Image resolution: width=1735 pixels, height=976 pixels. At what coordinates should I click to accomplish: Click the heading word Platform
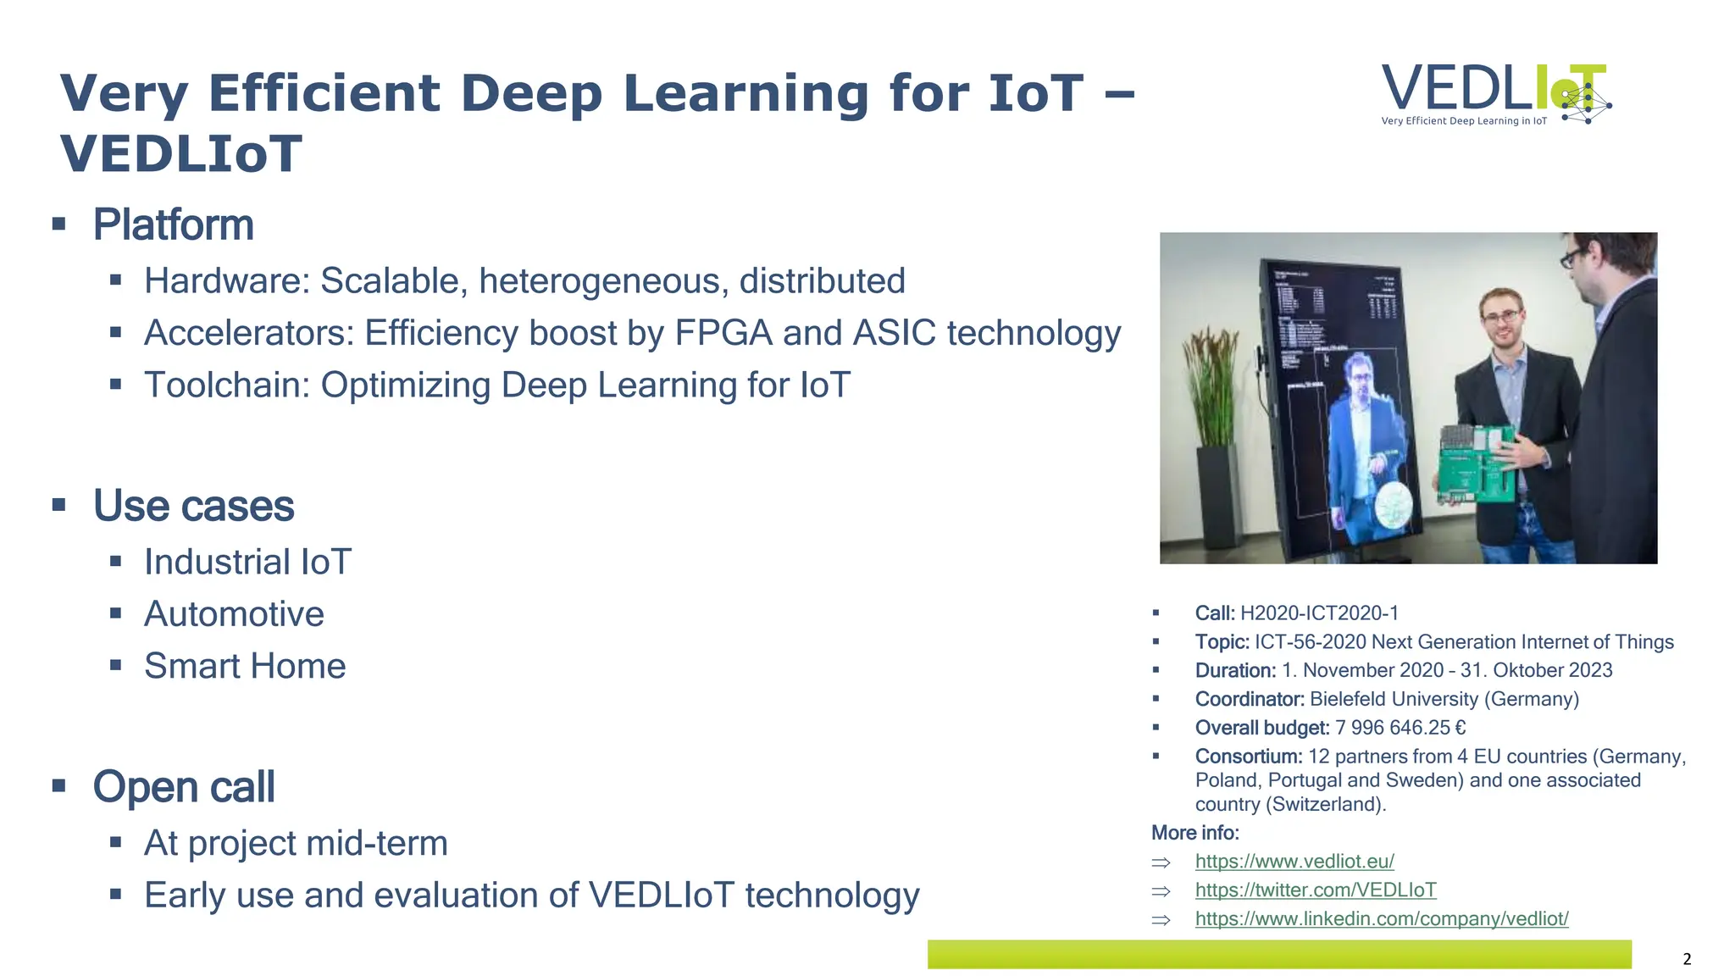coord(173,225)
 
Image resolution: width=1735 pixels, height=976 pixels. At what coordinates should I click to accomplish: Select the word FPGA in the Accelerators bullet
coord(723,333)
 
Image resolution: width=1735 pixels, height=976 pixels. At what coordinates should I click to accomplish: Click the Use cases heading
coord(193,507)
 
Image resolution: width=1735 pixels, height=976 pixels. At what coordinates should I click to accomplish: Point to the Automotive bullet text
coord(234,614)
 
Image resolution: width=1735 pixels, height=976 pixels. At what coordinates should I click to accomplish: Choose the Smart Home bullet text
coord(245,667)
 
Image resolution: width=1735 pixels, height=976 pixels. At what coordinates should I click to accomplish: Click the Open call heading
coord(184,787)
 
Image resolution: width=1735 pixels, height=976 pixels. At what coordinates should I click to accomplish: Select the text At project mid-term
coord(296,844)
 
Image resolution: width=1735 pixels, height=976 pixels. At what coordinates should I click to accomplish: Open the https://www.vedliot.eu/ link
coord(1294,862)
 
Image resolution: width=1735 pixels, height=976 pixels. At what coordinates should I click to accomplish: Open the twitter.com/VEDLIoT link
coord(1315,890)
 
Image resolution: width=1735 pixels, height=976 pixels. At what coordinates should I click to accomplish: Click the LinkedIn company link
coord(1381,919)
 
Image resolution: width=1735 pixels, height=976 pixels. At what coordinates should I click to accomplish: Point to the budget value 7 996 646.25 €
coord(1400,729)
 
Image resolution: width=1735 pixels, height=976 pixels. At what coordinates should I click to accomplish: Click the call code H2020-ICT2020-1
coord(1319,613)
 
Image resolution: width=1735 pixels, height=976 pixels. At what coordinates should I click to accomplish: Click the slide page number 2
coord(1686,959)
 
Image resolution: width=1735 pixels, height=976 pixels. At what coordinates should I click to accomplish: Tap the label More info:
coord(1195,833)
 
